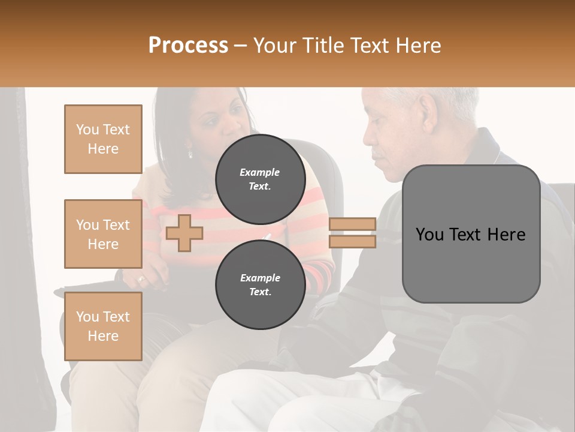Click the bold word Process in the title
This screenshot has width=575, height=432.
188,45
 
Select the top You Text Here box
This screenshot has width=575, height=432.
103,139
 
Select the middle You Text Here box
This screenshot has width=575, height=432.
103,234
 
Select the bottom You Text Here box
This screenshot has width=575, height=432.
103,326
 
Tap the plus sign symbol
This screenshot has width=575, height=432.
184,233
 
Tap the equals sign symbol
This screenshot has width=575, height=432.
352,233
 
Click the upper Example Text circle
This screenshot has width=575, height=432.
260,179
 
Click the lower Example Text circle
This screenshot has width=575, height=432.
260,284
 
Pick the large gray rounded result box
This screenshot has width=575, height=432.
471,234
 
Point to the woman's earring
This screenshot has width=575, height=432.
190,154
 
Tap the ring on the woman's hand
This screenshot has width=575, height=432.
141,278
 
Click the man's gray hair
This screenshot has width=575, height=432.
455,99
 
